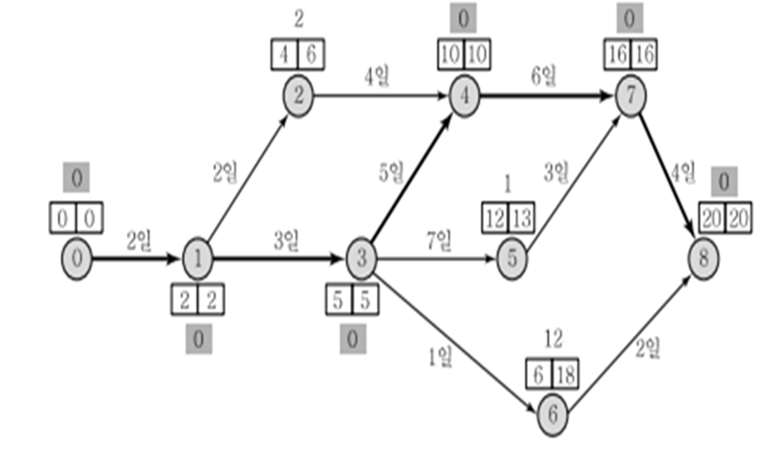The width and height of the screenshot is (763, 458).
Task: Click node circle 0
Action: tap(76, 258)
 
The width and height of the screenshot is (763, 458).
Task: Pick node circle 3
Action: tap(361, 258)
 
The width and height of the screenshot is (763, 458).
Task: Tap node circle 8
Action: tap(703, 258)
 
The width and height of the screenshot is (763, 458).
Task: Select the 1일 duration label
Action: tap(438, 357)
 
